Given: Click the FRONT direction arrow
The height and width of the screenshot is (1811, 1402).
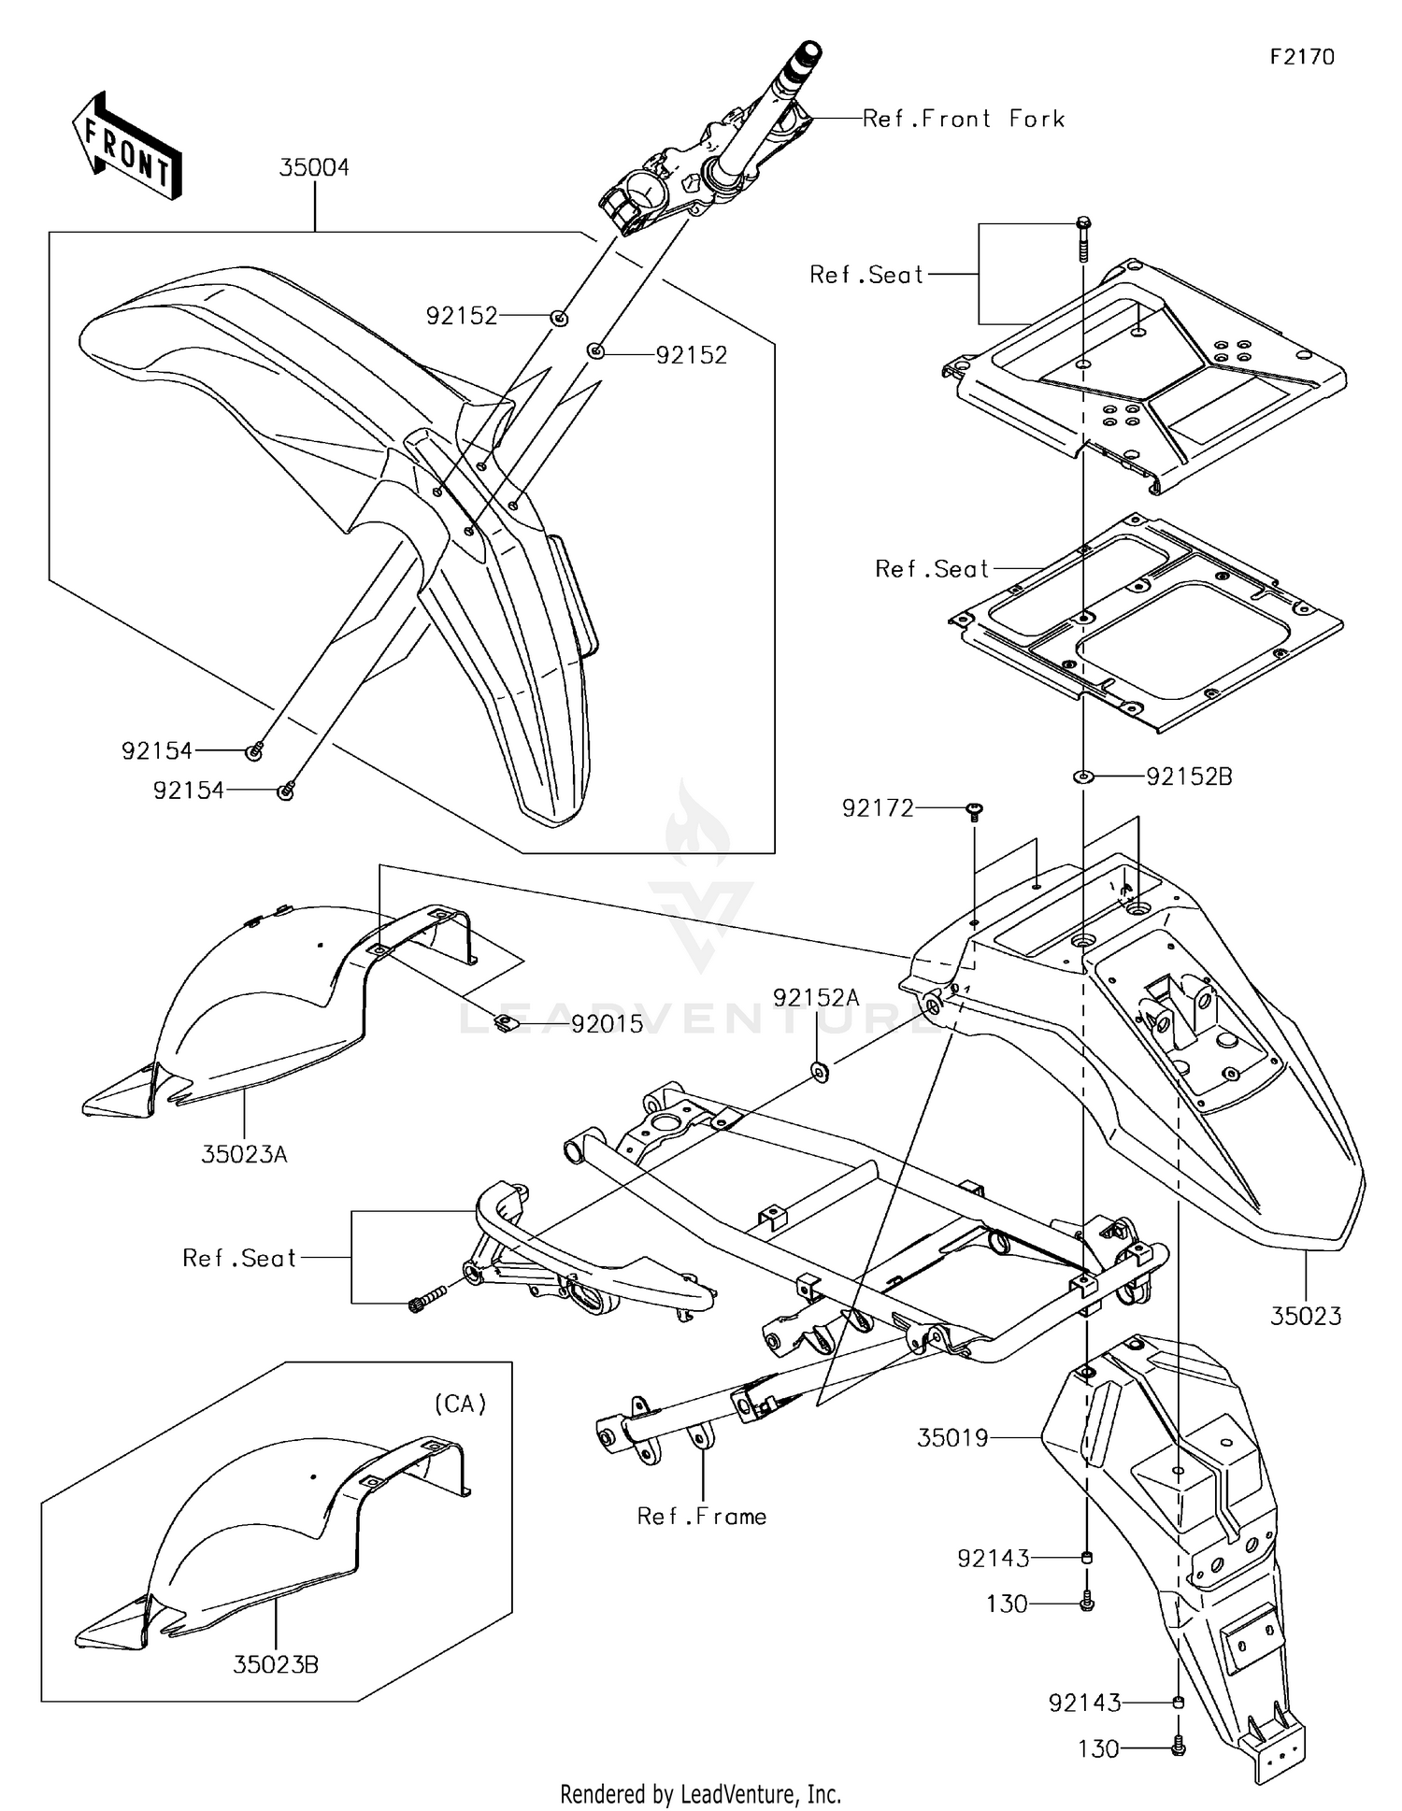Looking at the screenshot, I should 127,148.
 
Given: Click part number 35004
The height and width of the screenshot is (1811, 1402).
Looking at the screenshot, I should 314,168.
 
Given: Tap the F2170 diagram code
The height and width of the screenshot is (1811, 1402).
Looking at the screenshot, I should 1302,57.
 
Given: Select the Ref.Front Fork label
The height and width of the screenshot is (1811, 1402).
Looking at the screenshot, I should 963,119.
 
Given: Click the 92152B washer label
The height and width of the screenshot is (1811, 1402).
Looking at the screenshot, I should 1189,777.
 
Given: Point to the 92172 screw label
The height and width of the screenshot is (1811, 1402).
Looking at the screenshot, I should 878,808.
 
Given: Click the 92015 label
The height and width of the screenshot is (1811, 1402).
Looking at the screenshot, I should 608,1024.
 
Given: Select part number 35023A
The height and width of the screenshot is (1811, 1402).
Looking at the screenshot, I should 244,1155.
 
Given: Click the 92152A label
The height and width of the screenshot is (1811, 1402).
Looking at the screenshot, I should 816,998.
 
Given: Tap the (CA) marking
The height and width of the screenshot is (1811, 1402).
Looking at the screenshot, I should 460,1404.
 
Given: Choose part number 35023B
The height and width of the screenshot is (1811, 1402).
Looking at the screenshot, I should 276,1665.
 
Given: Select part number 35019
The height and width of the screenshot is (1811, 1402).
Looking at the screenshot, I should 952,1438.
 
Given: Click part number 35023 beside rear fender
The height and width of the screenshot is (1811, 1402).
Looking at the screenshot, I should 1306,1317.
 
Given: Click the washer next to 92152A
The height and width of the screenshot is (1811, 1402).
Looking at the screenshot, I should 820,1071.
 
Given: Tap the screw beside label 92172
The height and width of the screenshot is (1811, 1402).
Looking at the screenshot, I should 975,810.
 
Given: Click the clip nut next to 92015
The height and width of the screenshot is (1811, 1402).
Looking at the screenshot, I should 505,1023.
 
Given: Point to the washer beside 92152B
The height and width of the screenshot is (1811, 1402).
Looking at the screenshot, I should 1083,776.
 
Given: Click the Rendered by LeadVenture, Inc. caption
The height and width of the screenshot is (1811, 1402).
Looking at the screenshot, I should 700,1794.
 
